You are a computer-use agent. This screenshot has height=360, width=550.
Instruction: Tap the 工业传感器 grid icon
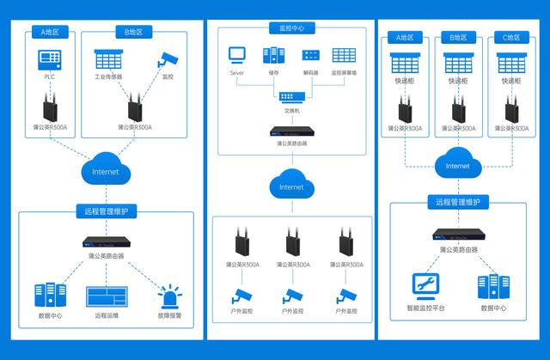107,60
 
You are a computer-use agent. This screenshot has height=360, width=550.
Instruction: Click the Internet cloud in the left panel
106,172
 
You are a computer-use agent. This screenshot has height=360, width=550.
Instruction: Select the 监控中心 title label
291,28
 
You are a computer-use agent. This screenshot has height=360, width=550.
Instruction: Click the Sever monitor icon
238,55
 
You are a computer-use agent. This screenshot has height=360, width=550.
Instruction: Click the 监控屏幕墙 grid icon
344,55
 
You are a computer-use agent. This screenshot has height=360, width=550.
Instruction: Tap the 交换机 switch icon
291,95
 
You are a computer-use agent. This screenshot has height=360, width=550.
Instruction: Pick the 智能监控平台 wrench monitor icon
424,283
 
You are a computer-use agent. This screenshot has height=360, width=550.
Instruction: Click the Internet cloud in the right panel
458,165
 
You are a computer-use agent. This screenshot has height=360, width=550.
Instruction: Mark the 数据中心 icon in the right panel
492,285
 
